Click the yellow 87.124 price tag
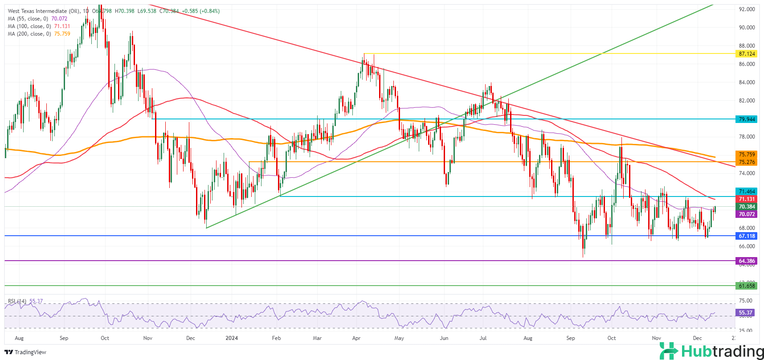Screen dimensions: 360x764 coord(747,54)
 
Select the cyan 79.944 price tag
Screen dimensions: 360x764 coord(747,119)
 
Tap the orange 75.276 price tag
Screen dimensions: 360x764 coord(747,162)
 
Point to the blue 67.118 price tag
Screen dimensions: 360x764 coord(747,236)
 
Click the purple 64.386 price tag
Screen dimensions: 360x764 coord(747,261)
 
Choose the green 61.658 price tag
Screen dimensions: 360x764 coord(747,286)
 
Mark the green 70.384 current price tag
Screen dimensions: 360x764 coord(747,207)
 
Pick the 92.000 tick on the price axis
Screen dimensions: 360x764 coord(747,9)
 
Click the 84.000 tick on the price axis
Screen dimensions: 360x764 coord(747,82)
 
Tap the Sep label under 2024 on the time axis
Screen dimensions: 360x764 coord(571,338)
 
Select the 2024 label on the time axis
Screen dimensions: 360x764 coord(232,338)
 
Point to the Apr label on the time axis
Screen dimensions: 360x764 coord(356,338)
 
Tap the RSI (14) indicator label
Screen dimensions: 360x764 coord(17,301)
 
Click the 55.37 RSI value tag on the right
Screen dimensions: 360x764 coord(746,313)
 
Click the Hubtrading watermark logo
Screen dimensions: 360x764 coord(711,351)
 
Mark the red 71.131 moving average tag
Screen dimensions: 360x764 coord(747,199)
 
